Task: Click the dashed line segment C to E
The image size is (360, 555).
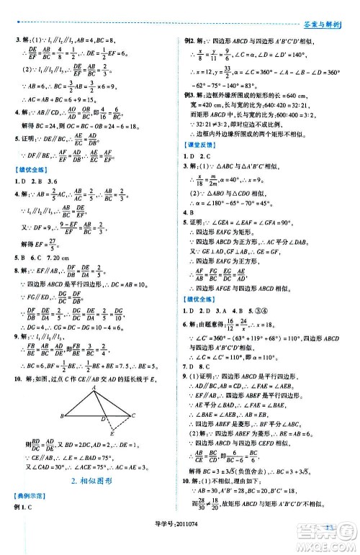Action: [123, 445]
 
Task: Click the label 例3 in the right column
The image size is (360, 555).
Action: [192, 94]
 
